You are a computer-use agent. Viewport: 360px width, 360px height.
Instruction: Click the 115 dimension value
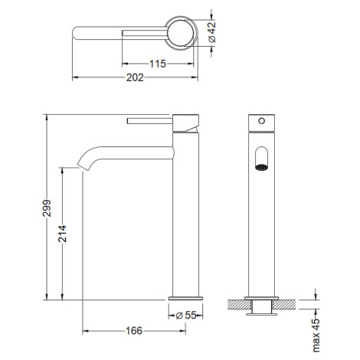158,64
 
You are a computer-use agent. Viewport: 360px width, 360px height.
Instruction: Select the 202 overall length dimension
135,77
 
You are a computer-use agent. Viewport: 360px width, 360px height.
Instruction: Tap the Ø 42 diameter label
212,32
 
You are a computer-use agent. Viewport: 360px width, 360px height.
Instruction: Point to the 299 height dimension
47,208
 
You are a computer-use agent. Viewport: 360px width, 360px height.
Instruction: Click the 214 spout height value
62,234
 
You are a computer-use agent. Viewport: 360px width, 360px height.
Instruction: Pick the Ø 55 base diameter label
186,316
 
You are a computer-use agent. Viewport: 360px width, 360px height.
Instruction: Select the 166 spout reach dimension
134,331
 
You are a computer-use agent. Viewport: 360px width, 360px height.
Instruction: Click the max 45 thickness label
316,335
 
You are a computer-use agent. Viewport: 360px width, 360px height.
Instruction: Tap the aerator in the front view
262,168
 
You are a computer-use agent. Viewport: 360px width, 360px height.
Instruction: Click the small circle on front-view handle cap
262,121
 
